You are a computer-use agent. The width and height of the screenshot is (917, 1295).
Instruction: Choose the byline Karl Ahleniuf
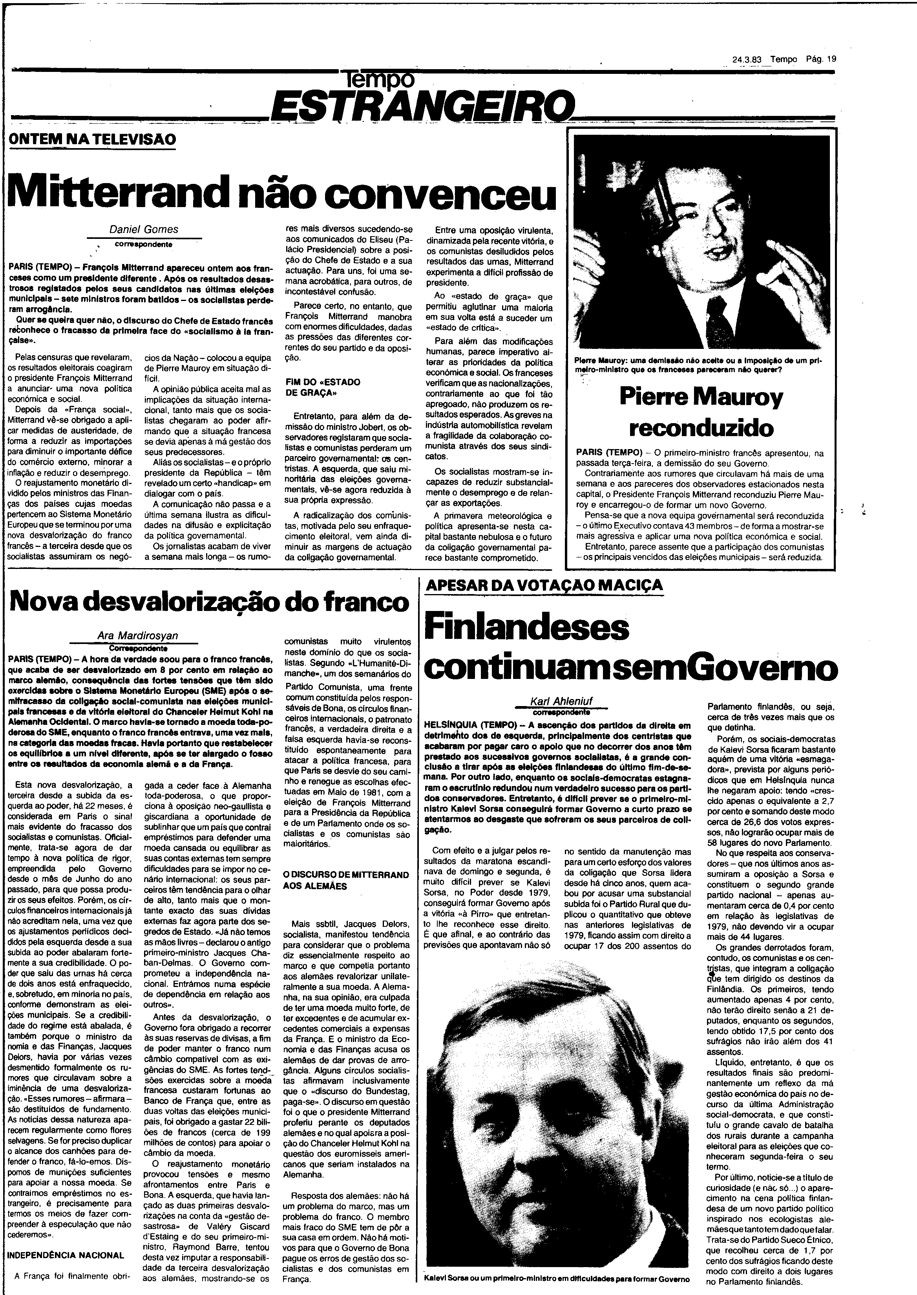pos(560,702)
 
